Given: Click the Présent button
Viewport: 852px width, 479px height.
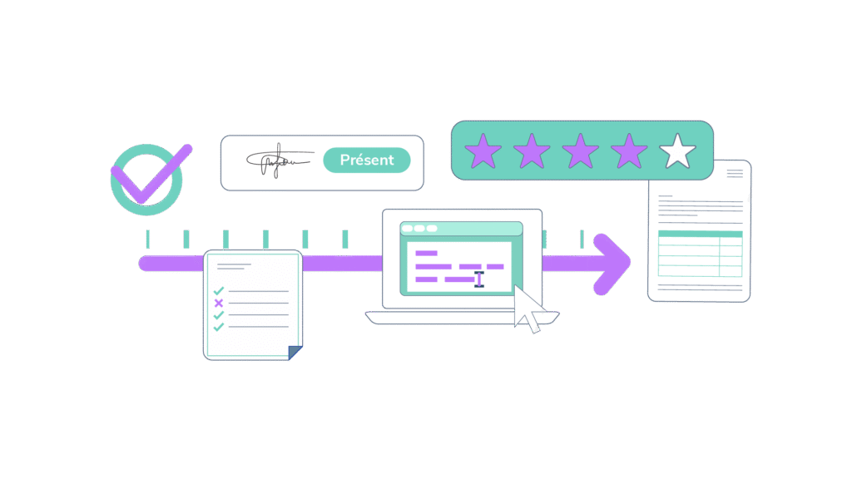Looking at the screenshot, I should tap(366, 160).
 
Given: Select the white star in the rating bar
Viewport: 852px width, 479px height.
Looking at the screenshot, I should tap(677, 152).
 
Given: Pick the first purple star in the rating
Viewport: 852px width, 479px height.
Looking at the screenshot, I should tap(483, 152).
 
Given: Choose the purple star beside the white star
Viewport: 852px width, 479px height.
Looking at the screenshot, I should tap(629, 152).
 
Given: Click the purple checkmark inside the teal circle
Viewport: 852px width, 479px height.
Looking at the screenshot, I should tap(150, 175).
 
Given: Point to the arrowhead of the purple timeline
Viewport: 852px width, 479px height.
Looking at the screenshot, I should tap(613, 264).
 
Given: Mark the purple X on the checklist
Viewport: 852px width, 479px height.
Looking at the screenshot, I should tap(219, 304).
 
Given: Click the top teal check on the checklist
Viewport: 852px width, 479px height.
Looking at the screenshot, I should tap(219, 291).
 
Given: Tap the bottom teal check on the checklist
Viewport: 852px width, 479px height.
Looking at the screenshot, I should tap(219, 328).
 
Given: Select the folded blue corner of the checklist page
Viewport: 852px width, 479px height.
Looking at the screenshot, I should tap(295, 353).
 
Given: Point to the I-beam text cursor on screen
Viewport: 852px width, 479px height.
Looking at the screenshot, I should tap(478, 279).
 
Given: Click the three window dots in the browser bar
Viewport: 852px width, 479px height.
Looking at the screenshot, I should tap(419, 229).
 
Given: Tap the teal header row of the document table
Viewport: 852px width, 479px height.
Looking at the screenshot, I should tap(700, 235).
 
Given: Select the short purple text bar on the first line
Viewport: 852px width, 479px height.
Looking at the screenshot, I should tap(427, 253).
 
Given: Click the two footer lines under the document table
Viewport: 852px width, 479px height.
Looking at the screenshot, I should tap(699, 288).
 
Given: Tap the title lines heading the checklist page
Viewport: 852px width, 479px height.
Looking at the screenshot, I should tap(235, 267).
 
